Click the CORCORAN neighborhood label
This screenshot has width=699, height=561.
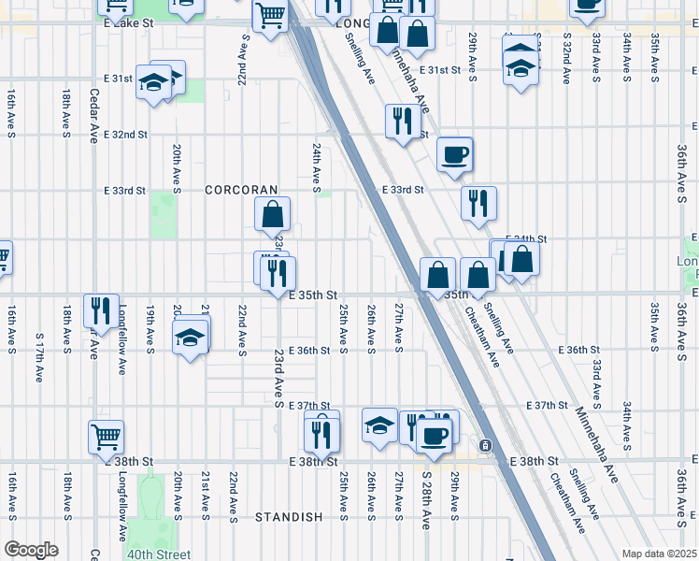(x=242, y=190)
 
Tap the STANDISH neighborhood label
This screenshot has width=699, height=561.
(x=289, y=517)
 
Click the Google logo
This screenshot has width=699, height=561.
(x=31, y=550)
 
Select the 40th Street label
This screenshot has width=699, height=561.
(x=159, y=554)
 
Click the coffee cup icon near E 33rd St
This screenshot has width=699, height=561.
(x=455, y=154)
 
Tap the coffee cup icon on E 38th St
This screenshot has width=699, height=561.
(x=433, y=434)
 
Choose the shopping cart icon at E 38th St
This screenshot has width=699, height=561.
(x=107, y=436)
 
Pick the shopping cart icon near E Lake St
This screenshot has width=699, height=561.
(x=270, y=16)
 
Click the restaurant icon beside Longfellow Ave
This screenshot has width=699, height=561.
(x=96, y=309)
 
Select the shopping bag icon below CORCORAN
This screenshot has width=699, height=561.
(x=272, y=214)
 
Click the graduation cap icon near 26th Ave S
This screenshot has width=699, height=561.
(x=379, y=426)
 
